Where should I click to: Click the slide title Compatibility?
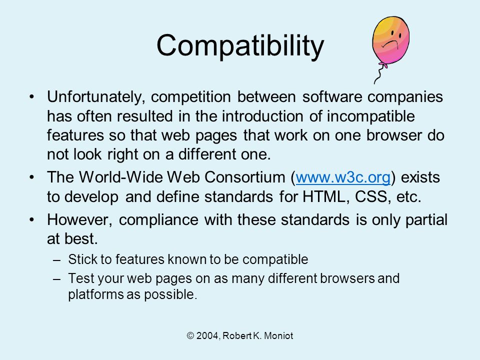tap(240, 45)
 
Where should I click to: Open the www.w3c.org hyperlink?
tap(343, 177)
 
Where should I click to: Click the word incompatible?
tap(370, 116)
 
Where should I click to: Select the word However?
tap(79, 220)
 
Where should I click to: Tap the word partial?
tap(426, 220)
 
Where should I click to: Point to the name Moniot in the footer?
tap(278, 336)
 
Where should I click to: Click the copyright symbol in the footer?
tap(190, 336)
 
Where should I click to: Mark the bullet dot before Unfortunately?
tap(32, 97)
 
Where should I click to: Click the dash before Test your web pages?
tap(57, 279)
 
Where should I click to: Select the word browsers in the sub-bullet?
tap(347, 278)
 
